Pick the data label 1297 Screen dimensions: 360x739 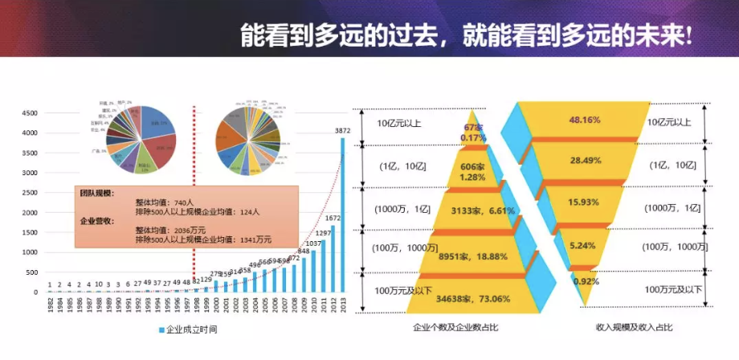(x=323, y=233)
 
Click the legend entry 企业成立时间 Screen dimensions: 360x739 (x=190, y=330)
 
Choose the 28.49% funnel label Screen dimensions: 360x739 (x=586, y=161)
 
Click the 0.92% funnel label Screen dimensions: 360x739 (x=586, y=282)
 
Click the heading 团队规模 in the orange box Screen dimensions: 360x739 (x=97, y=194)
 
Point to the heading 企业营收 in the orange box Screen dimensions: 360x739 (x=97, y=220)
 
